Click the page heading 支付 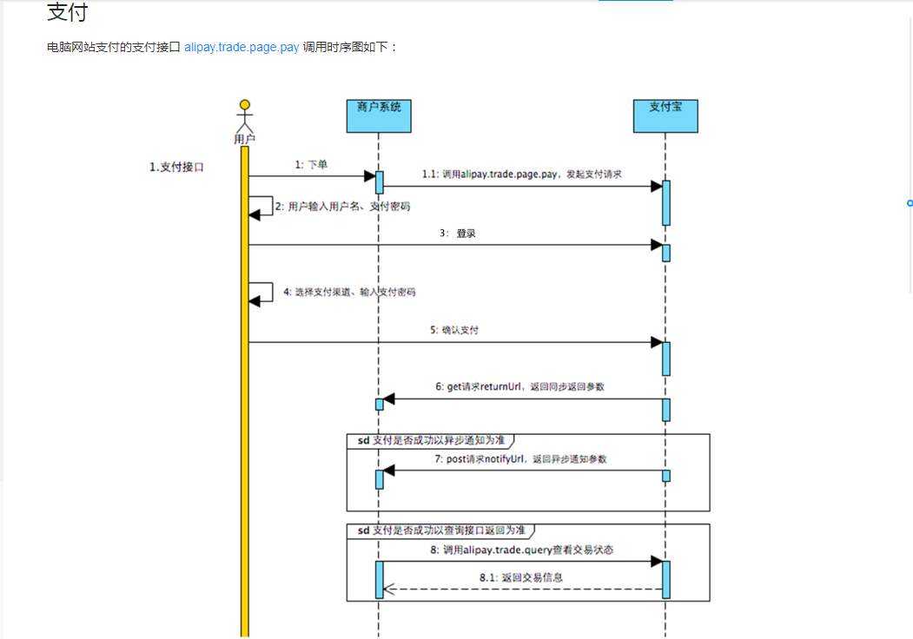[67, 13]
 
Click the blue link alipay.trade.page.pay [241, 47]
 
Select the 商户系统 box [379, 115]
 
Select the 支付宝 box [665, 115]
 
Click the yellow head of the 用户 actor [245, 107]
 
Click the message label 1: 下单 [311, 164]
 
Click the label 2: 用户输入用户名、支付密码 [342, 207]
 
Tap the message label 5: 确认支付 [454, 330]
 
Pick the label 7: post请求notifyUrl [521, 458]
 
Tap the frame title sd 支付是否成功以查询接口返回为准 [440, 530]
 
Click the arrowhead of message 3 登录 [657, 245]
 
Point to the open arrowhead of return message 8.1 [389, 590]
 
